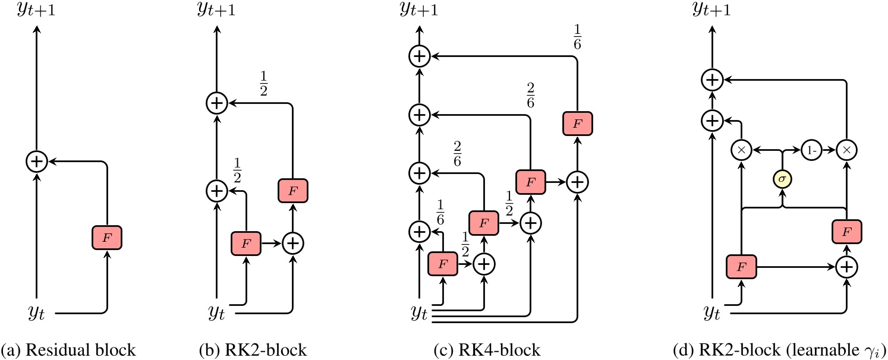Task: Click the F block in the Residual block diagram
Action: click(x=106, y=238)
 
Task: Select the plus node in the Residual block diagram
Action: click(x=37, y=161)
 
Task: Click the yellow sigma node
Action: click(x=783, y=178)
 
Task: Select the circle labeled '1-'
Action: click(x=811, y=150)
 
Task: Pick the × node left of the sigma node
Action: click(x=741, y=150)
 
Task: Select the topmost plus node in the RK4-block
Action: click(x=420, y=56)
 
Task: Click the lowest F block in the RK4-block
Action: click(x=443, y=263)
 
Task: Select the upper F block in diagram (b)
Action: click(x=292, y=190)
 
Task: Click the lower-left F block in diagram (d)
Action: click(x=741, y=267)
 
